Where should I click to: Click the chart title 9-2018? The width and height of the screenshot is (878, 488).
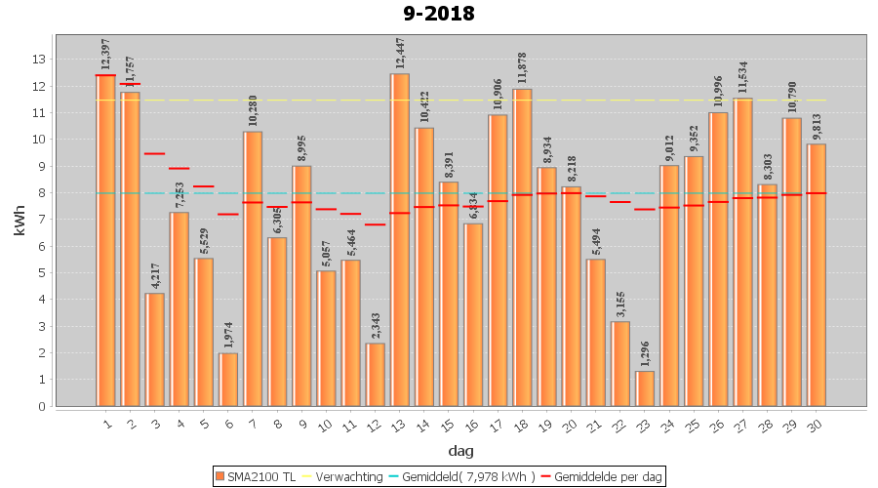point(438,14)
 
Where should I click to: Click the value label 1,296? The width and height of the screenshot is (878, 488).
point(645,351)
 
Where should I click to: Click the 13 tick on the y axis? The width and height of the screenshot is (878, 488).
point(39,60)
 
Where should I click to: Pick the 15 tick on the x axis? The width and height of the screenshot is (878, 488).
point(447,423)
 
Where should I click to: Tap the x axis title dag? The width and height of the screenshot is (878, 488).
point(460,451)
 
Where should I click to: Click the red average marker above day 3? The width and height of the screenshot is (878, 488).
point(154,153)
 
